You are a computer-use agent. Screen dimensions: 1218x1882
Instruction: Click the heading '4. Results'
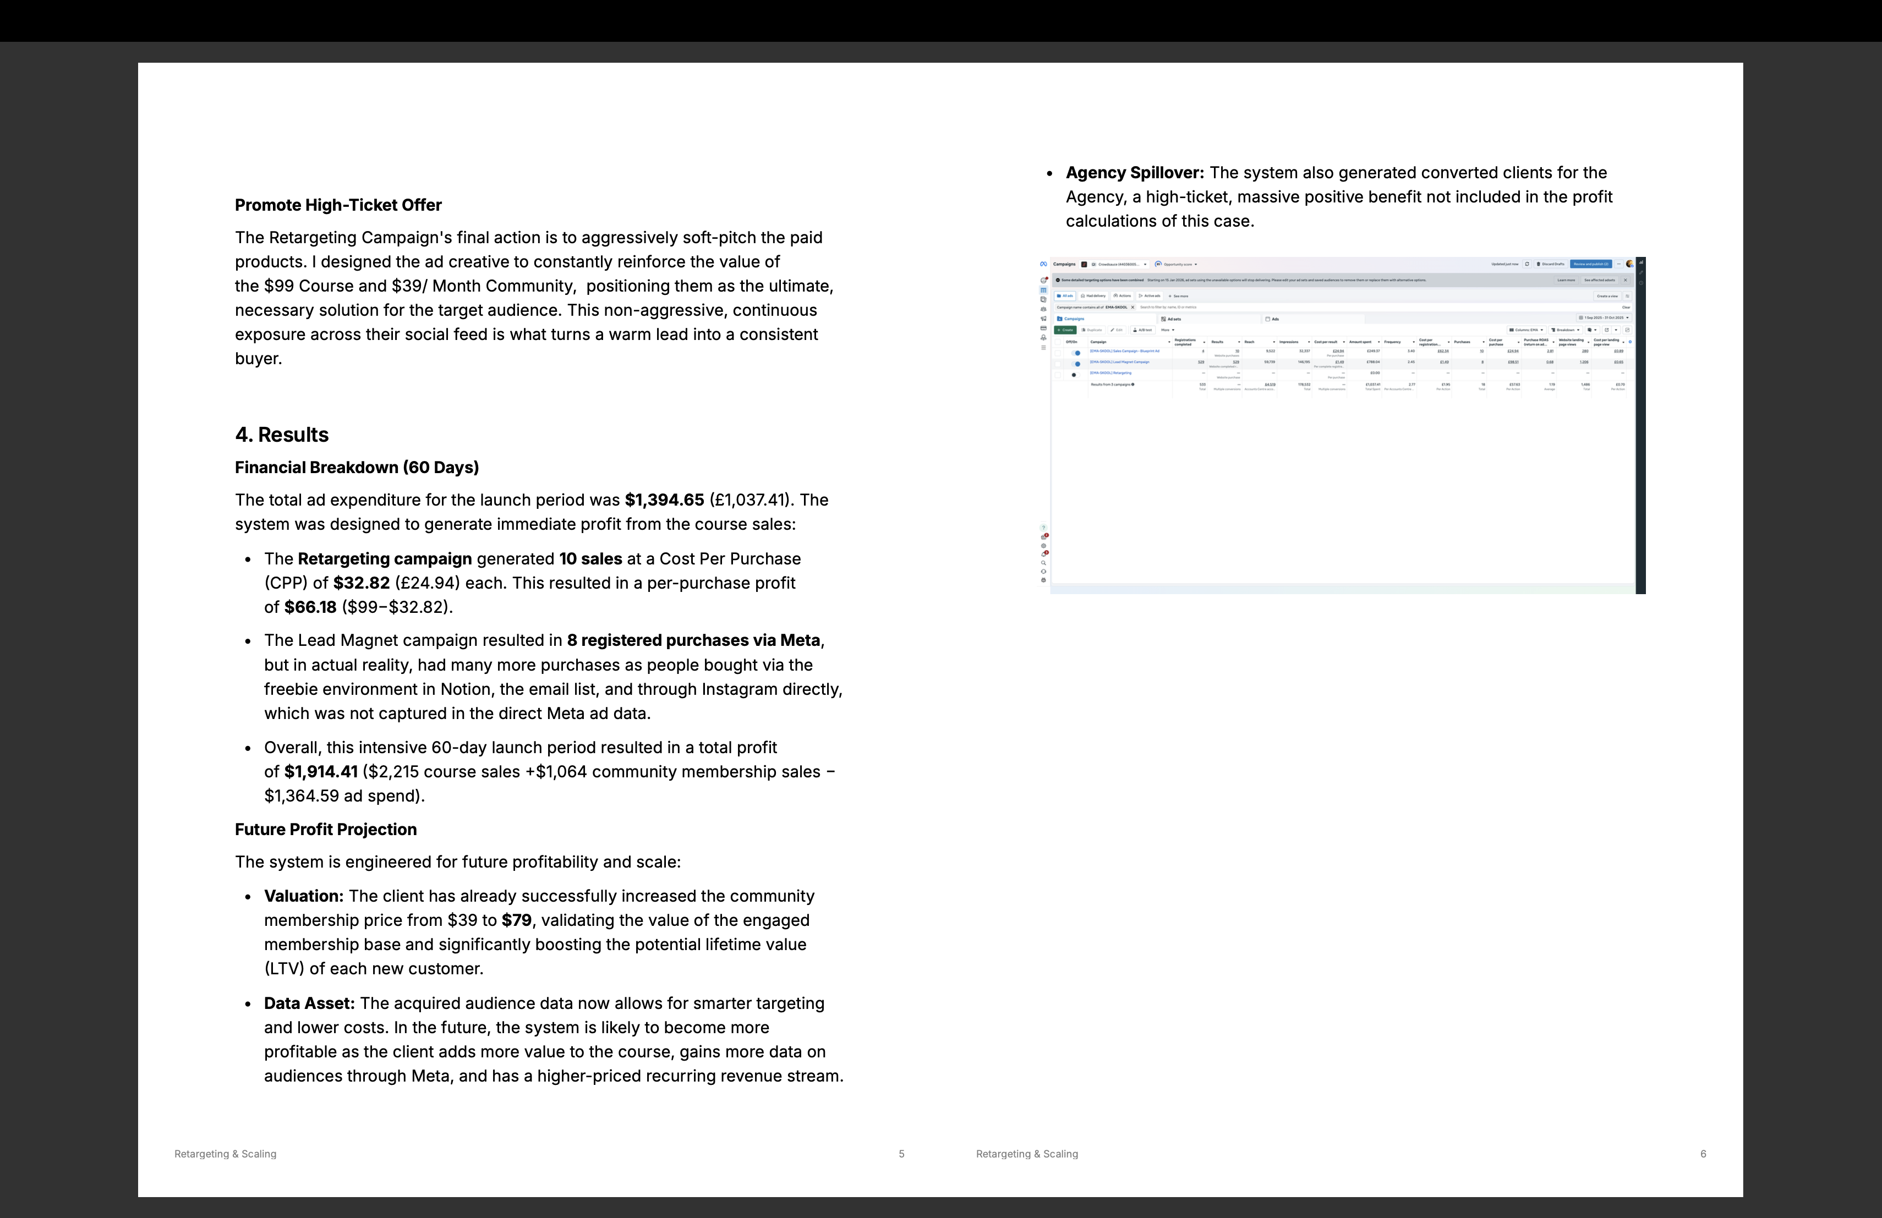click(x=282, y=435)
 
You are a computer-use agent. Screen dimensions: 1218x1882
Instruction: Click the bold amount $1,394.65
click(x=664, y=500)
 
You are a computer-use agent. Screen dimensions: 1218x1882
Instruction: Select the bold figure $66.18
click(x=310, y=607)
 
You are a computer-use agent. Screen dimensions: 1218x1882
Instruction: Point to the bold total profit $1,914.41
click(x=320, y=771)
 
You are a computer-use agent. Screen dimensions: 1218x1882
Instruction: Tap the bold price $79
click(x=516, y=920)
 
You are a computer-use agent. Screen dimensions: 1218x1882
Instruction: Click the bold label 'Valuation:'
click(x=304, y=896)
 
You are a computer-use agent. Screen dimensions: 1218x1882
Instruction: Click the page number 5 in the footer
click(x=901, y=1154)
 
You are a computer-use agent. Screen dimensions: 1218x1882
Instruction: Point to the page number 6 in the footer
click(x=1703, y=1154)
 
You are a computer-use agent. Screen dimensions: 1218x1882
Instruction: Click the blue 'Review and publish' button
click(x=1591, y=264)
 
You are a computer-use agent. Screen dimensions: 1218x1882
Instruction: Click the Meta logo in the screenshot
click(x=1044, y=264)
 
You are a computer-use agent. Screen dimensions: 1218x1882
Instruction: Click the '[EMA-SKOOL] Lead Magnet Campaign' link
click(x=1120, y=362)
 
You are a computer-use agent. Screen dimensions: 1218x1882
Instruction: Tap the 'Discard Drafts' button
click(x=1551, y=264)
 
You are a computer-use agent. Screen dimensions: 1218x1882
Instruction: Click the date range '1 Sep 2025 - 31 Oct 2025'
click(x=1604, y=318)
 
